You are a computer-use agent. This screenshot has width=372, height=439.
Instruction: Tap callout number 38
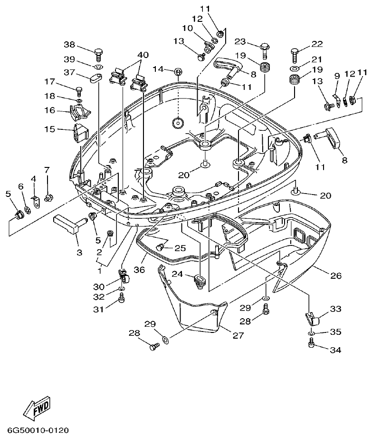pos(70,45)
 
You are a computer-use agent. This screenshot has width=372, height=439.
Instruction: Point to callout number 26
pos(335,275)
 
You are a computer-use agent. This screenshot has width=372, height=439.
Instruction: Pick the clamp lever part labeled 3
pos(68,224)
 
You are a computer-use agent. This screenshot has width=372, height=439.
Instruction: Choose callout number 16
pos(50,111)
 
